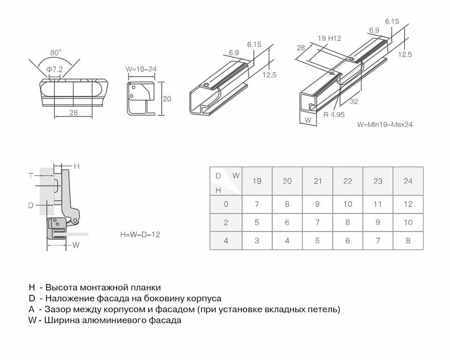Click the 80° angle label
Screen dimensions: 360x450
point(56,52)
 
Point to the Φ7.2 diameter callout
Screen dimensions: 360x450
point(54,69)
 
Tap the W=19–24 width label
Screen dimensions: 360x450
point(141,69)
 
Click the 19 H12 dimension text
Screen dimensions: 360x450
point(329,38)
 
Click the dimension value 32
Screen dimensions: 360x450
point(354,102)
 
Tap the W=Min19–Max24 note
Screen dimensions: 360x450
point(384,125)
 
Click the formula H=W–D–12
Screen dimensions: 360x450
point(140,234)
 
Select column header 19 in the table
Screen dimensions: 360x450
point(257,181)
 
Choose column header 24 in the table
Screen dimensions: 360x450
point(408,181)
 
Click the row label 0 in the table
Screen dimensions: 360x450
point(226,204)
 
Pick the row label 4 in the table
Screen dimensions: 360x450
point(226,240)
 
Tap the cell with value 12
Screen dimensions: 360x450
point(408,204)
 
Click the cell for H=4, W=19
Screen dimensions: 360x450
point(257,240)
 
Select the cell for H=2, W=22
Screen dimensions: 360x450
point(347,223)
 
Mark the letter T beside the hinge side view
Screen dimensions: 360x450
point(30,176)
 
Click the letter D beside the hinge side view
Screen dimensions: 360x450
point(30,205)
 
